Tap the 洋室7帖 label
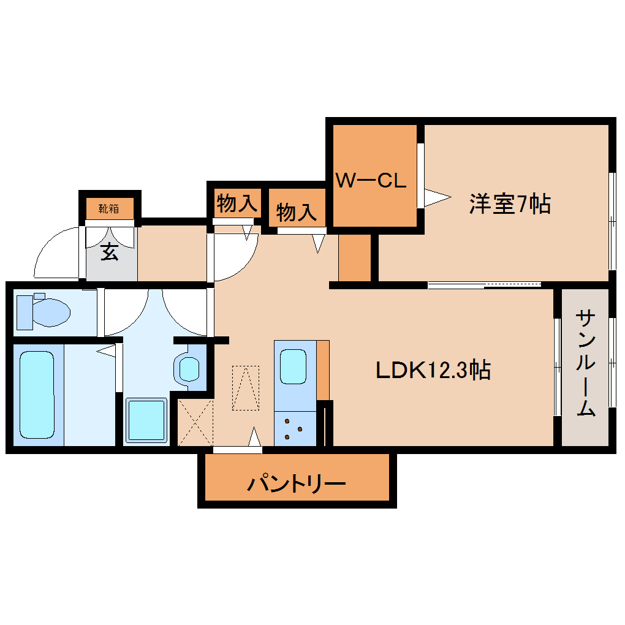pos(509,203)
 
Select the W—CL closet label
pos(371,181)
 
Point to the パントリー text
pos(297,484)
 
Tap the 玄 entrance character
pos(110,251)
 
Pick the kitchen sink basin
pos(293,367)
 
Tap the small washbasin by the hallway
pos(188,368)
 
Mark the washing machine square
pos(146,420)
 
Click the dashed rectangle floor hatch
pos(245,387)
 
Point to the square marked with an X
pos(195,422)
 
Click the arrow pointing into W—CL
pos(436,197)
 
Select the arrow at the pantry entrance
pos(254,438)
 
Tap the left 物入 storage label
pos(236,203)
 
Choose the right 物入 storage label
pos(297,213)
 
